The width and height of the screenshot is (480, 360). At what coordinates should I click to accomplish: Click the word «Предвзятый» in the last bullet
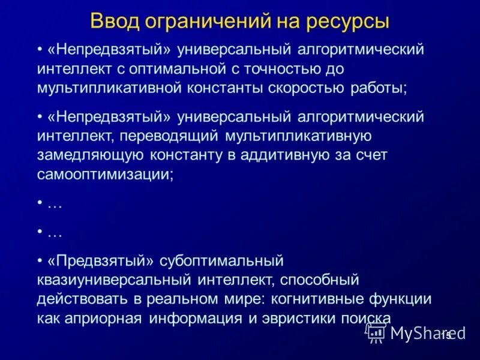pos(101,262)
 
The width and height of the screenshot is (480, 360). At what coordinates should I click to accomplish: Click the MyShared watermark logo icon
pos(377,332)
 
